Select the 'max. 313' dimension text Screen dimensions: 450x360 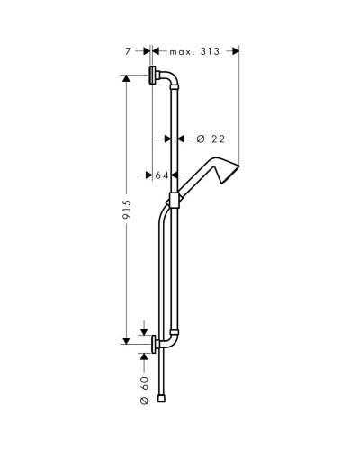pyautogui.click(x=195, y=52)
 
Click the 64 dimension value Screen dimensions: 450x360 pyautogui.click(x=163, y=175)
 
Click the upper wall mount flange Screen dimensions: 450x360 pyautogui.click(x=154, y=76)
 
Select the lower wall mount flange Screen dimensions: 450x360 pyautogui.click(x=155, y=343)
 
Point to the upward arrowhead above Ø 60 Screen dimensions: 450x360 pyautogui.click(x=142, y=357)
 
